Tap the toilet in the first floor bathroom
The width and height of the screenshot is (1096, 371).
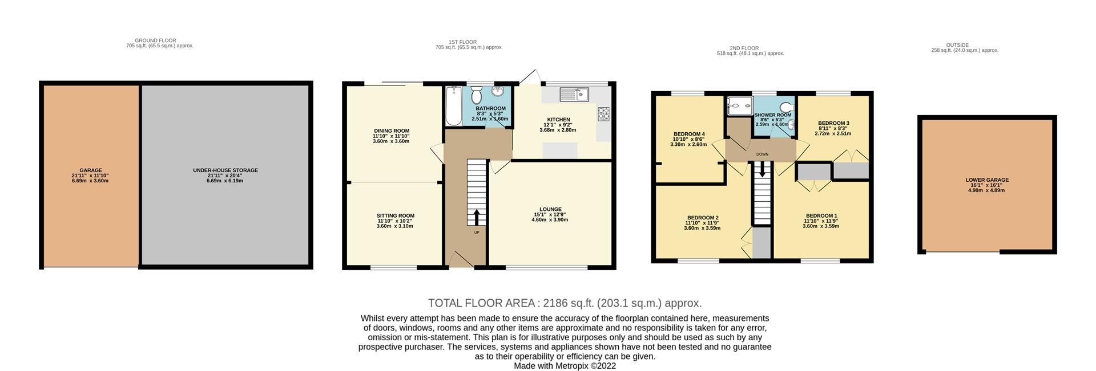tap(477, 96)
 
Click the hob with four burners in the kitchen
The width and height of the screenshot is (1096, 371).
tap(603, 114)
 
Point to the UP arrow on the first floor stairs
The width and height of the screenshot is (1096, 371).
tap(476, 217)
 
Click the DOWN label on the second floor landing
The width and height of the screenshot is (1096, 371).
tap(762, 154)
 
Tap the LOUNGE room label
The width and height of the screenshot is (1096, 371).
tap(550, 209)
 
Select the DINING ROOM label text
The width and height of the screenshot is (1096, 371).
tap(391, 131)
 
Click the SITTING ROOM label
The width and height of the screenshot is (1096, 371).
tap(395, 216)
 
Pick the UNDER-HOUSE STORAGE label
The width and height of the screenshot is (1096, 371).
tap(225, 170)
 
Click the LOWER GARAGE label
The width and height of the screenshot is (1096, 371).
tap(987, 180)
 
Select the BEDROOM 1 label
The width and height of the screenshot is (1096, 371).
tap(821, 216)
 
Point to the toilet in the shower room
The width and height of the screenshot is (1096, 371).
tap(788, 107)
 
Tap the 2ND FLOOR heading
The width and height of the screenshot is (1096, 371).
tap(744, 48)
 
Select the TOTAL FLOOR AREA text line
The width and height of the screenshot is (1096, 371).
tap(565, 303)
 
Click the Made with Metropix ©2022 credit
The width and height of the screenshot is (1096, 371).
tap(565, 366)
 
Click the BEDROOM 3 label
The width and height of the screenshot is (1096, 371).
tap(833, 123)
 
